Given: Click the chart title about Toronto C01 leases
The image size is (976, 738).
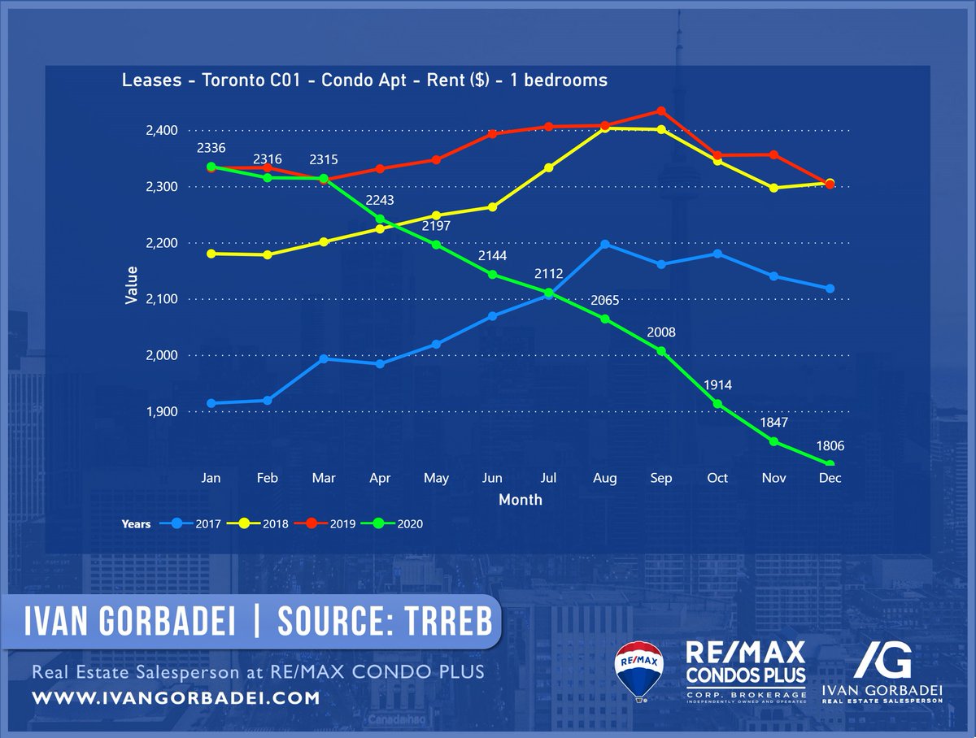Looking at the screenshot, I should [364, 80].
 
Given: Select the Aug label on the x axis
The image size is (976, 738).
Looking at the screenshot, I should [605, 479].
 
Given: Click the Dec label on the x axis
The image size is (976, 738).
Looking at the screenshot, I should [830, 479].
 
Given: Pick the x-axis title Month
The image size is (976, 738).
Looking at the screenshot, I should [520, 500].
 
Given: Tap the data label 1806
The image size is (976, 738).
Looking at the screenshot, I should [830, 445].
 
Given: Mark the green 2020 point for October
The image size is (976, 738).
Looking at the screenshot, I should [717, 404].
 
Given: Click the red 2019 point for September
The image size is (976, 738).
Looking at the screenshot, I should [661, 111].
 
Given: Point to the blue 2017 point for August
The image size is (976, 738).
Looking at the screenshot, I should [605, 244].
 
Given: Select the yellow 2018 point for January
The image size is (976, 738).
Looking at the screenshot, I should [211, 254].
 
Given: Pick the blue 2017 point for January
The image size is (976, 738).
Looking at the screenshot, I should [211, 403].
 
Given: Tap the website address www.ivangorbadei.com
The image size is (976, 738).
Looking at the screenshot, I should [176, 698].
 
